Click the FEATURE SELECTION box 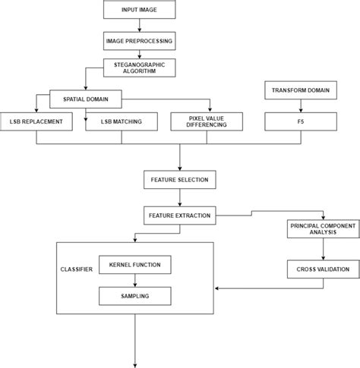coord(179,180)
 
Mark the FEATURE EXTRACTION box coord(179,215)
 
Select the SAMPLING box coord(136,295)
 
